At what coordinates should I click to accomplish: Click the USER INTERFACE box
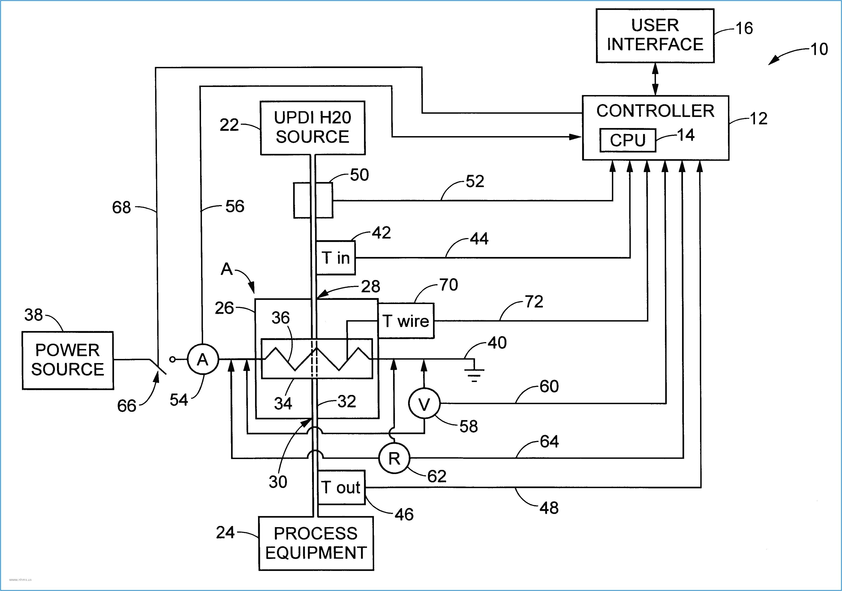click(x=655, y=36)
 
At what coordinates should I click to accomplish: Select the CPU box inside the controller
click(x=628, y=140)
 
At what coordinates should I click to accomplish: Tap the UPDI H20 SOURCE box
click(x=313, y=128)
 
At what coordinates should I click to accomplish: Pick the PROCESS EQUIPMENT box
click(x=316, y=543)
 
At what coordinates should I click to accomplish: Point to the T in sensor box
click(x=336, y=258)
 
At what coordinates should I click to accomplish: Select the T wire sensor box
click(x=406, y=321)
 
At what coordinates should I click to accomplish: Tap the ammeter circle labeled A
click(x=203, y=359)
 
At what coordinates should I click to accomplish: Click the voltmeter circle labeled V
click(x=424, y=404)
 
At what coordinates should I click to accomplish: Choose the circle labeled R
click(x=394, y=458)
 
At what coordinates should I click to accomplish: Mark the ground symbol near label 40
click(x=474, y=372)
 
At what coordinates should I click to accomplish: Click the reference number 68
click(x=121, y=208)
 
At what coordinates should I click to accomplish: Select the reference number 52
click(x=475, y=181)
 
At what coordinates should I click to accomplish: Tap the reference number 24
click(x=225, y=532)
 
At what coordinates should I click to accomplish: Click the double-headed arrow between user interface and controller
click(x=655, y=79)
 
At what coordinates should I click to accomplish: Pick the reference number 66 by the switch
click(x=126, y=406)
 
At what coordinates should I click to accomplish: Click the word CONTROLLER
click(x=655, y=111)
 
